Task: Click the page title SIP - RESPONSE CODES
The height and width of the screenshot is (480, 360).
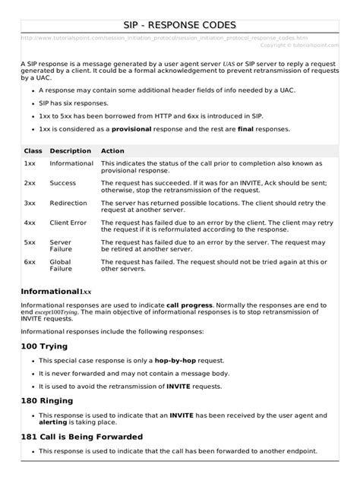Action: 180,25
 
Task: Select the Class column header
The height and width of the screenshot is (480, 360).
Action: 33,151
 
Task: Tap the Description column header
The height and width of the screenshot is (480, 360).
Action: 70,151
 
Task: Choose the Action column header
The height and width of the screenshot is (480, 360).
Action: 112,151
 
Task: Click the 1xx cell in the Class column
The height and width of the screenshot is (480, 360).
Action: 30,163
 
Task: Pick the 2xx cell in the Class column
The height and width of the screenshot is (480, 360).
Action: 30,183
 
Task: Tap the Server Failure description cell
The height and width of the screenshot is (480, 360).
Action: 62,246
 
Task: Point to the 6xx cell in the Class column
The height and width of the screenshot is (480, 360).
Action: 30,262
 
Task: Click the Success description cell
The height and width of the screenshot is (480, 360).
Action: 63,183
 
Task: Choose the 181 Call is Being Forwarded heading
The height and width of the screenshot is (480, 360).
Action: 98,437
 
